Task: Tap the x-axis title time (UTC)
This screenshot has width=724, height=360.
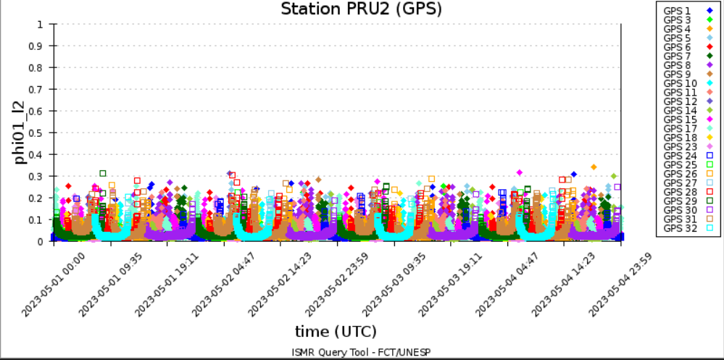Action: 336,331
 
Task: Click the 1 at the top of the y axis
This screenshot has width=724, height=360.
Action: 41,24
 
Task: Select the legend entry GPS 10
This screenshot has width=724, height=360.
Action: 682,83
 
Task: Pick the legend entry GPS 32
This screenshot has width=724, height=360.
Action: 682,228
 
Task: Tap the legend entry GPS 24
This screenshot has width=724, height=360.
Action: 682,155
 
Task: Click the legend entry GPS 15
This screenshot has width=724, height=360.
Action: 682,119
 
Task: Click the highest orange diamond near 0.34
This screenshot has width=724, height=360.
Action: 594,167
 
